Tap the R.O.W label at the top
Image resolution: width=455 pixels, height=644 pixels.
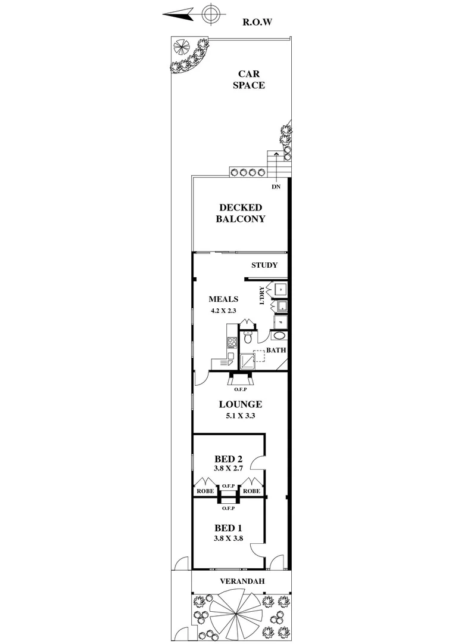[257, 23]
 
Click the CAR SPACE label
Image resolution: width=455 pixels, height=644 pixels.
[251, 79]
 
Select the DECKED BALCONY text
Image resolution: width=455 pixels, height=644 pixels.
[241, 213]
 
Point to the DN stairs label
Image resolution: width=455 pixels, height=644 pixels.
[275, 187]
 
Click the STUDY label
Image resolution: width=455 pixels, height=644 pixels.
[264, 265]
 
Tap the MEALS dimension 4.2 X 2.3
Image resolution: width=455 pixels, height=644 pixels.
[223, 310]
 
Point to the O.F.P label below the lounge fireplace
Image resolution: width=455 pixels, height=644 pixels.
[240, 389]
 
